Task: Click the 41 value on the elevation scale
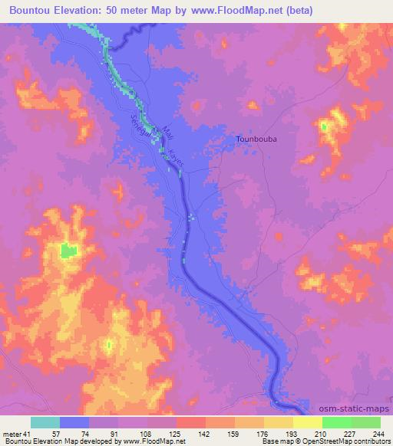(x=28, y=434)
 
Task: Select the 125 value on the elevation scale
(x=177, y=434)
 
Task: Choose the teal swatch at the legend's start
(x=45, y=422)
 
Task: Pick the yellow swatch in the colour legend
(x=308, y=422)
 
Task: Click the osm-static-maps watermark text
(x=358, y=408)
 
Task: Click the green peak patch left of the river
(x=69, y=250)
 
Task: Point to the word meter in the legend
(x=12, y=434)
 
